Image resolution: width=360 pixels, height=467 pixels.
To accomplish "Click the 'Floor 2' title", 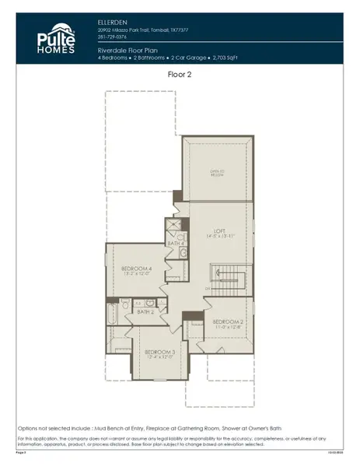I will (x=180, y=75).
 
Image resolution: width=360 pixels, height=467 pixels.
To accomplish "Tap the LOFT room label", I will (x=220, y=231).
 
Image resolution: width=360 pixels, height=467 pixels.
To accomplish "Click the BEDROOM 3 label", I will (x=161, y=352).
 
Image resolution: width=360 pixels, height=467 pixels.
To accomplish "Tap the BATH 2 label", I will (x=145, y=312).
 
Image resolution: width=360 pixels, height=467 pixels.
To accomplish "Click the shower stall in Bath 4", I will (x=172, y=228).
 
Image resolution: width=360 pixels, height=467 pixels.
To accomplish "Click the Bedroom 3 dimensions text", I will (x=161, y=358).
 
